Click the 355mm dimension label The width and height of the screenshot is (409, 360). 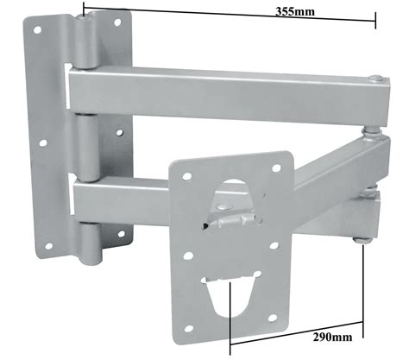(x=295, y=12)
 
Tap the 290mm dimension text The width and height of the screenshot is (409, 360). (x=332, y=337)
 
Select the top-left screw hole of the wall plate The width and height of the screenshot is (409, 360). (x=37, y=29)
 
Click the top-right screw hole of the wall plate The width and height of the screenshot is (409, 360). (x=117, y=22)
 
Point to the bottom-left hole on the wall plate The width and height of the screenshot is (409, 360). (x=48, y=246)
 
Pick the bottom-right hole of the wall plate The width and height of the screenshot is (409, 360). (x=122, y=234)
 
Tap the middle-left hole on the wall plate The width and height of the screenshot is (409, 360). (x=43, y=142)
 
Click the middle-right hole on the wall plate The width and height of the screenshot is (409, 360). (x=120, y=133)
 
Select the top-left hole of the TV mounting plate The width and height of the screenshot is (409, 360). (x=187, y=176)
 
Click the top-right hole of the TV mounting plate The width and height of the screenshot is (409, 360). (x=276, y=168)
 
